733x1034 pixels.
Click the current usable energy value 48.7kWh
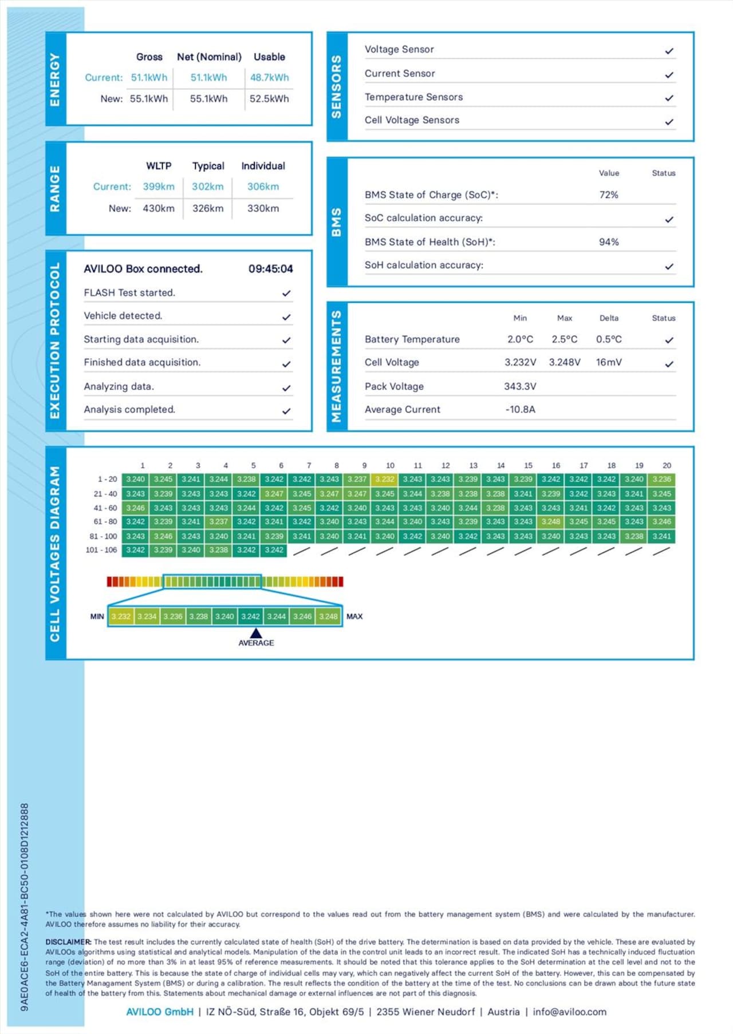coord(269,78)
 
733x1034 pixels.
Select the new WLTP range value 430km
coord(159,209)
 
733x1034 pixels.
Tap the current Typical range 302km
coord(207,187)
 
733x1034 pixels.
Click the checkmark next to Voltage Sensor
coord(669,51)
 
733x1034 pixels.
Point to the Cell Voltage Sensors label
coord(412,120)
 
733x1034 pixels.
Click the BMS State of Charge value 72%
coord(609,195)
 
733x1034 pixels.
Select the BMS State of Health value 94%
coord(609,242)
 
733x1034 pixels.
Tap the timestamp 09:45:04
coord(270,269)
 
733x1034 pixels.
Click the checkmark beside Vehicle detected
coord(286,317)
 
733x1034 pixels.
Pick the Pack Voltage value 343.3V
coord(520,387)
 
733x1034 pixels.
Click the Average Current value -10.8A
coord(520,410)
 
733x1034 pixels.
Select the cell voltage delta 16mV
coord(609,363)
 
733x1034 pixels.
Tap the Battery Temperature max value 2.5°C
coord(564,339)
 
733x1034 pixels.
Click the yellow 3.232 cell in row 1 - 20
coord(385,480)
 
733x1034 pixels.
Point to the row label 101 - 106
coord(101,550)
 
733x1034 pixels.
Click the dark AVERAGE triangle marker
coord(256,633)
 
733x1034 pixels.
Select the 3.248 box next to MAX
coord(328,617)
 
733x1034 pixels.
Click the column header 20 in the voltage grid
coord(667,466)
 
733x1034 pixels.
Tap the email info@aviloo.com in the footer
coord(569,1012)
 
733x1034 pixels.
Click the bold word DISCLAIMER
coord(68,942)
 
